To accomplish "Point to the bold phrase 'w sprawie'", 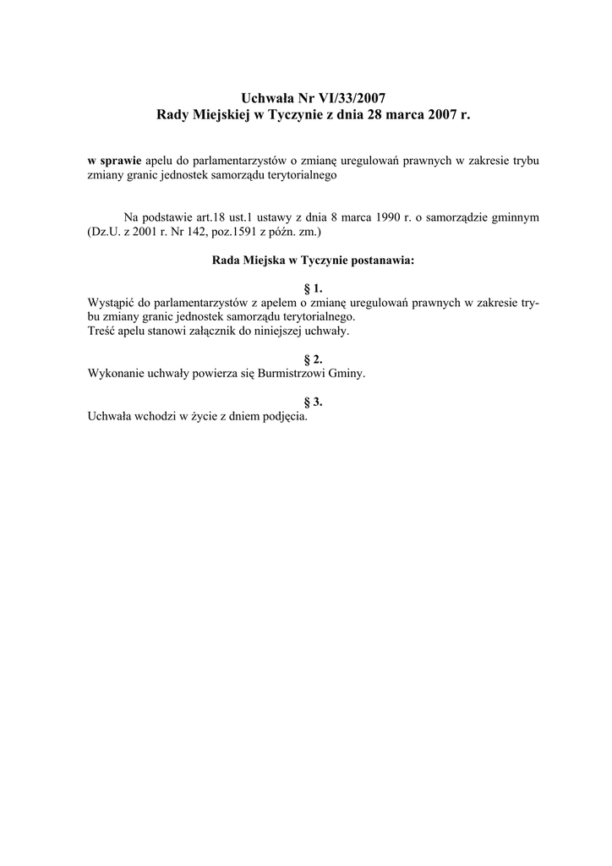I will click(x=115, y=160).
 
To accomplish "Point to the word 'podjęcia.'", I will click(x=285, y=416).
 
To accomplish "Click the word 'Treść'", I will click(x=102, y=331).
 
